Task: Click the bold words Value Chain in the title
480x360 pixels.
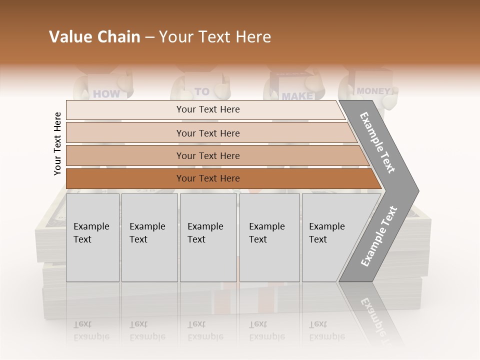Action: click(94, 37)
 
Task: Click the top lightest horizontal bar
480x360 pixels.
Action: click(208, 109)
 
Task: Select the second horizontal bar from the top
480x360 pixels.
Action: click(208, 133)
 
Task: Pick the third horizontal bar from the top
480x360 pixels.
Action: click(208, 155)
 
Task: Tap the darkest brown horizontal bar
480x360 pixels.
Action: click(208, 178)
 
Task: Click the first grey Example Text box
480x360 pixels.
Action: click(92, 237)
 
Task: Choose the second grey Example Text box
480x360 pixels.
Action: click(149, 237)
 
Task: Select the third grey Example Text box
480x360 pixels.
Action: click(208, 237)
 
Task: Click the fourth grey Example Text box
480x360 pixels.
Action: click(269, 237)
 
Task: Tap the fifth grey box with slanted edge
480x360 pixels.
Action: click(330, 237)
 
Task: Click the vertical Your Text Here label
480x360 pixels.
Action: click(57, 143)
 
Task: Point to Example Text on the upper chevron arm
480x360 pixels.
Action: click(377, 142)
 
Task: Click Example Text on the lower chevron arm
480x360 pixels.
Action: click(379, 236)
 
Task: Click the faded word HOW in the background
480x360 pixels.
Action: click(106, 93)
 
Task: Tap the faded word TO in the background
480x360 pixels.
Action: click(201, 91)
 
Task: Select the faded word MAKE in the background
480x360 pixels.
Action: click(297, 95)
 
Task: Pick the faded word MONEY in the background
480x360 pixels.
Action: click(373, 91)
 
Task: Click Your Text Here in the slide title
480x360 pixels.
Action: click(215, 37)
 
